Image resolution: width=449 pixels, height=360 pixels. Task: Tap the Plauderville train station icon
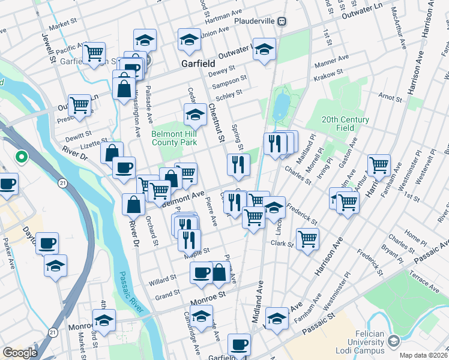click(281, 21)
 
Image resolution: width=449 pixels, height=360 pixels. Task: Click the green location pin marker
click(21, 157)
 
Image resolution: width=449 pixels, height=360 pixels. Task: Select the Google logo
click(20, 353)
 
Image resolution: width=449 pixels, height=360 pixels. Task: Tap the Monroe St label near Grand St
click(207, 295)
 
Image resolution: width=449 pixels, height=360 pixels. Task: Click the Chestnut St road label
click(216, 123)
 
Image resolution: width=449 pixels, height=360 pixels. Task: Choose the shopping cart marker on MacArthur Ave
click(379, 166)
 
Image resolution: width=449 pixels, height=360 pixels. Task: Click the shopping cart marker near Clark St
click(307, 239)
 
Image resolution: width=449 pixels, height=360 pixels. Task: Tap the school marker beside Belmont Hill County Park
click(195, 113)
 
